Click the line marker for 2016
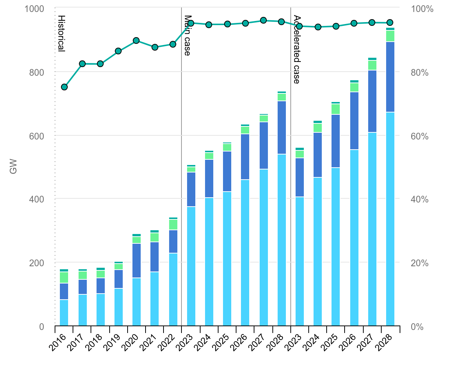pos(64,87)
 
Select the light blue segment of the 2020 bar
pos(137,302)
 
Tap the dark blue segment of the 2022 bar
pos(173,241)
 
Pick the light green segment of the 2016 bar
pos(64,277)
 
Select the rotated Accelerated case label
pos(297,49)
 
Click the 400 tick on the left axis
pos(37,199)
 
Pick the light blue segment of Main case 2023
pos(191,266)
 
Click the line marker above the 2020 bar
pos(137,40)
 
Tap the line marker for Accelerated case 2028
pos(390,22)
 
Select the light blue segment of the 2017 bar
pos(82,310)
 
